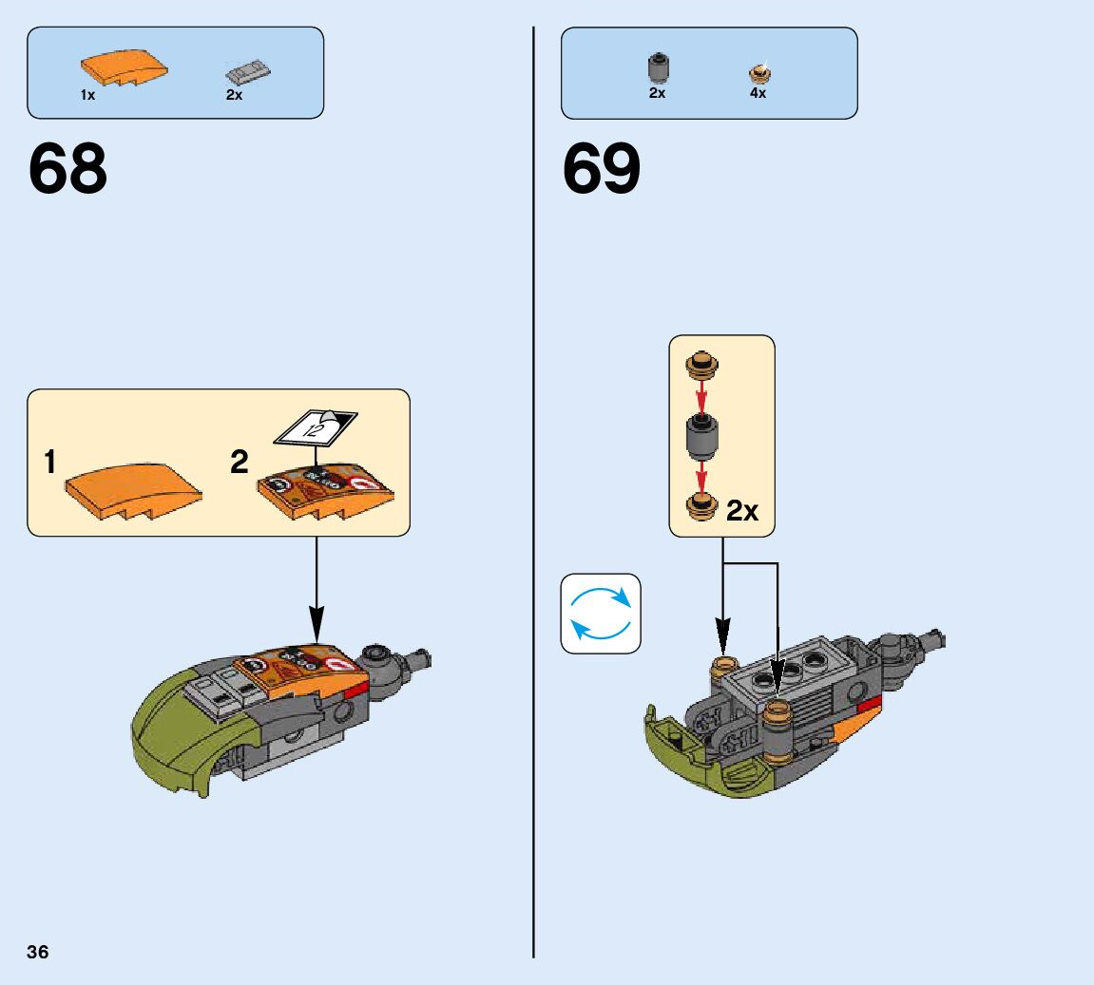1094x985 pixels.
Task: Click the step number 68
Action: point(67,170)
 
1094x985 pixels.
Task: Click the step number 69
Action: point(602,170)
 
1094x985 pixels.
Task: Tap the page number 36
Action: point(38,952)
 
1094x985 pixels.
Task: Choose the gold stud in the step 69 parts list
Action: point(758,73)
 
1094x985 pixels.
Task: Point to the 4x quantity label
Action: point(758,94)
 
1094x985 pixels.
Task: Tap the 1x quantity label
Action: point(87,95)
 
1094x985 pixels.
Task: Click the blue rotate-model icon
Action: point(601,614)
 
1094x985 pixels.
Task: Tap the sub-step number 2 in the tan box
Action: point(239,463)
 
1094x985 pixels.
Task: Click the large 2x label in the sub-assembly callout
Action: point(742,511)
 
